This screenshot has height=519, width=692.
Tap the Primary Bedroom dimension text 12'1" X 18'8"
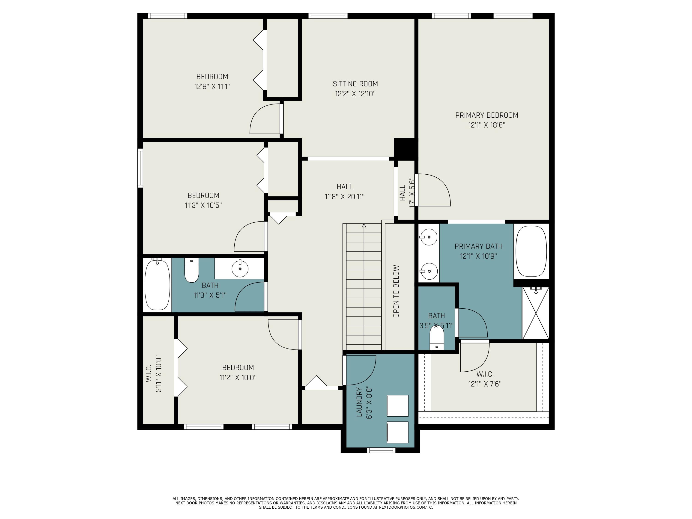[x=487, y=125]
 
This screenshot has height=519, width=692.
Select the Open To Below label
[x=396, y=291]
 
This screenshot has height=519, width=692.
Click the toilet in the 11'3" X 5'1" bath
[x=191, y=270]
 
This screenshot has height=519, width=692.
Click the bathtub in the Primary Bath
[x=531, y=251]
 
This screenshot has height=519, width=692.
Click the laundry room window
[x=381, y=450]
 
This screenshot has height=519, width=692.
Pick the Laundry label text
[x=359, y=402]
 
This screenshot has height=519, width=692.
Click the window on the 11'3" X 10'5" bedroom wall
[x=140, y=168]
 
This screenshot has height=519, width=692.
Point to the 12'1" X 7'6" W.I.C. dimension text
[x=485, y=384]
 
